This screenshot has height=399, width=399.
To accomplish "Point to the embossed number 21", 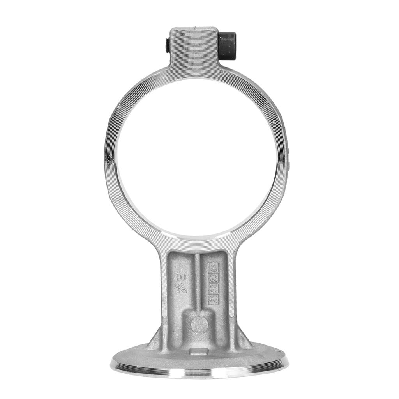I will [214, 298].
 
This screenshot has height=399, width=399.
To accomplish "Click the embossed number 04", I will [214, 269].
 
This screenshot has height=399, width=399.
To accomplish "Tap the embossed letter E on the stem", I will [182, 279].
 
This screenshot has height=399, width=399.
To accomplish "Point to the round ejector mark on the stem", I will [199, 323].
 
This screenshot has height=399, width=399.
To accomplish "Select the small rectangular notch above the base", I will [193, 352].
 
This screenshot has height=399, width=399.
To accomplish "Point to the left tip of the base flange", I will [112, 362].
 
